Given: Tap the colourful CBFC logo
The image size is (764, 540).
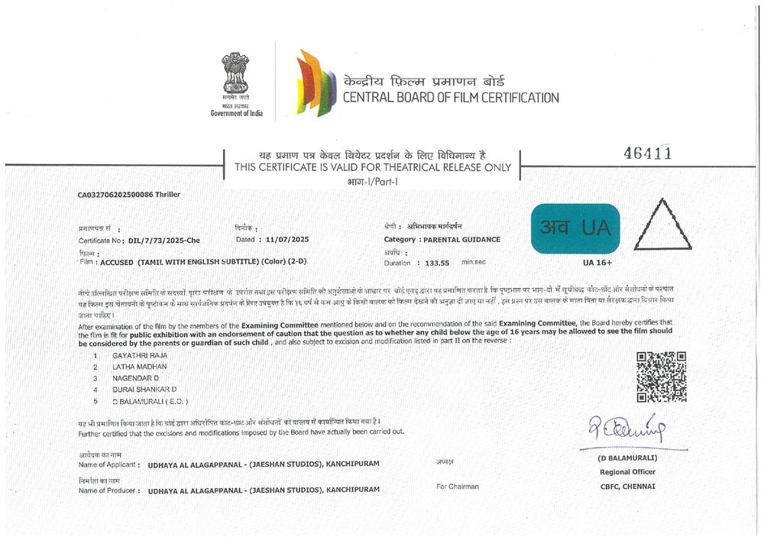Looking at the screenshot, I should pyautogui.click(x=316, y=82).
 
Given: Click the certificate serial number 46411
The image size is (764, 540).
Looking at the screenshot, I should pyautogui.click(x=648, y=153).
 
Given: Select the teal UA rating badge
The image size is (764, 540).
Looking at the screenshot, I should pyautogui.click(x=575, y=228).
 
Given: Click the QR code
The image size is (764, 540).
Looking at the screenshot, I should pyautogui.click(x=661, y=377).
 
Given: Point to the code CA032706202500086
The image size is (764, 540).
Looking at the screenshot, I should pyautogui.click(x=115, y=195).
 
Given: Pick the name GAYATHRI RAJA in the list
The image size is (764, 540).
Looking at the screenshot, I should pyautogui.click(x=140, y=356).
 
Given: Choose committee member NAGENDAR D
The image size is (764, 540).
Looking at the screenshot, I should pyautogui.click(x=135, y=378).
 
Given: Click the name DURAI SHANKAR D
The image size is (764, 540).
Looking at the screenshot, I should pyautogui.click(x=144, y=390).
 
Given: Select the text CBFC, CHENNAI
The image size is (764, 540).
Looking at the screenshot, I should pyautogui.click(x=627, y=486).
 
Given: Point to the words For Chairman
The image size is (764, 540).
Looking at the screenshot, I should pyautogui.click(x=457, y=487).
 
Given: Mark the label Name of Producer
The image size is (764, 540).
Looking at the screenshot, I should pyautogui.click(x=107, y=490).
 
